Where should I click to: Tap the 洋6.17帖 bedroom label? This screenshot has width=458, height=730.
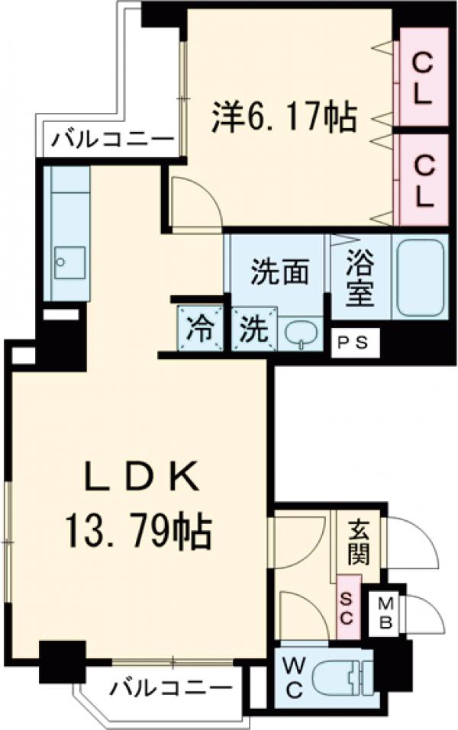point(282,117)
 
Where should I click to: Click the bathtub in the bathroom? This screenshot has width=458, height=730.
point(421,276)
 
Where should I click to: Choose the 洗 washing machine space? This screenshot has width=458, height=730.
point(252,330)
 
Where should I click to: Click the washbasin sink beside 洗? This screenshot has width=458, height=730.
point(299,333)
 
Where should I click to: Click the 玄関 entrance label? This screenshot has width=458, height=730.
point(357,540)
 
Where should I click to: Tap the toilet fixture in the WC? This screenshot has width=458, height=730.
point(341,677)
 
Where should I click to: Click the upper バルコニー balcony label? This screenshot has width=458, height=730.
point(113,140)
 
